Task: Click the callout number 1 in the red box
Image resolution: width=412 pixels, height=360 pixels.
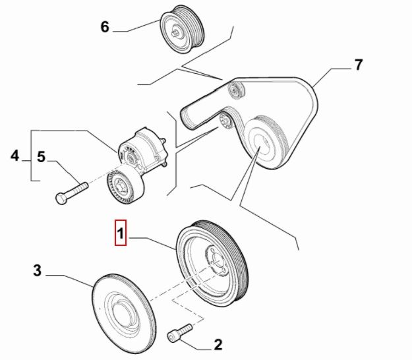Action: (120, 233)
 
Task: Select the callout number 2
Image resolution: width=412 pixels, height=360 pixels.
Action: (218, 344)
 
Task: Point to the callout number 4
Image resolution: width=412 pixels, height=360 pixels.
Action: (15, 156)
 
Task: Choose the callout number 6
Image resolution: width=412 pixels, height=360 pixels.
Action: (104, 27)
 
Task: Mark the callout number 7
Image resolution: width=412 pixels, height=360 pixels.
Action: (358, 65)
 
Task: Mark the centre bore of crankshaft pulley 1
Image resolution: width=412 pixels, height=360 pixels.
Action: (216, 257)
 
